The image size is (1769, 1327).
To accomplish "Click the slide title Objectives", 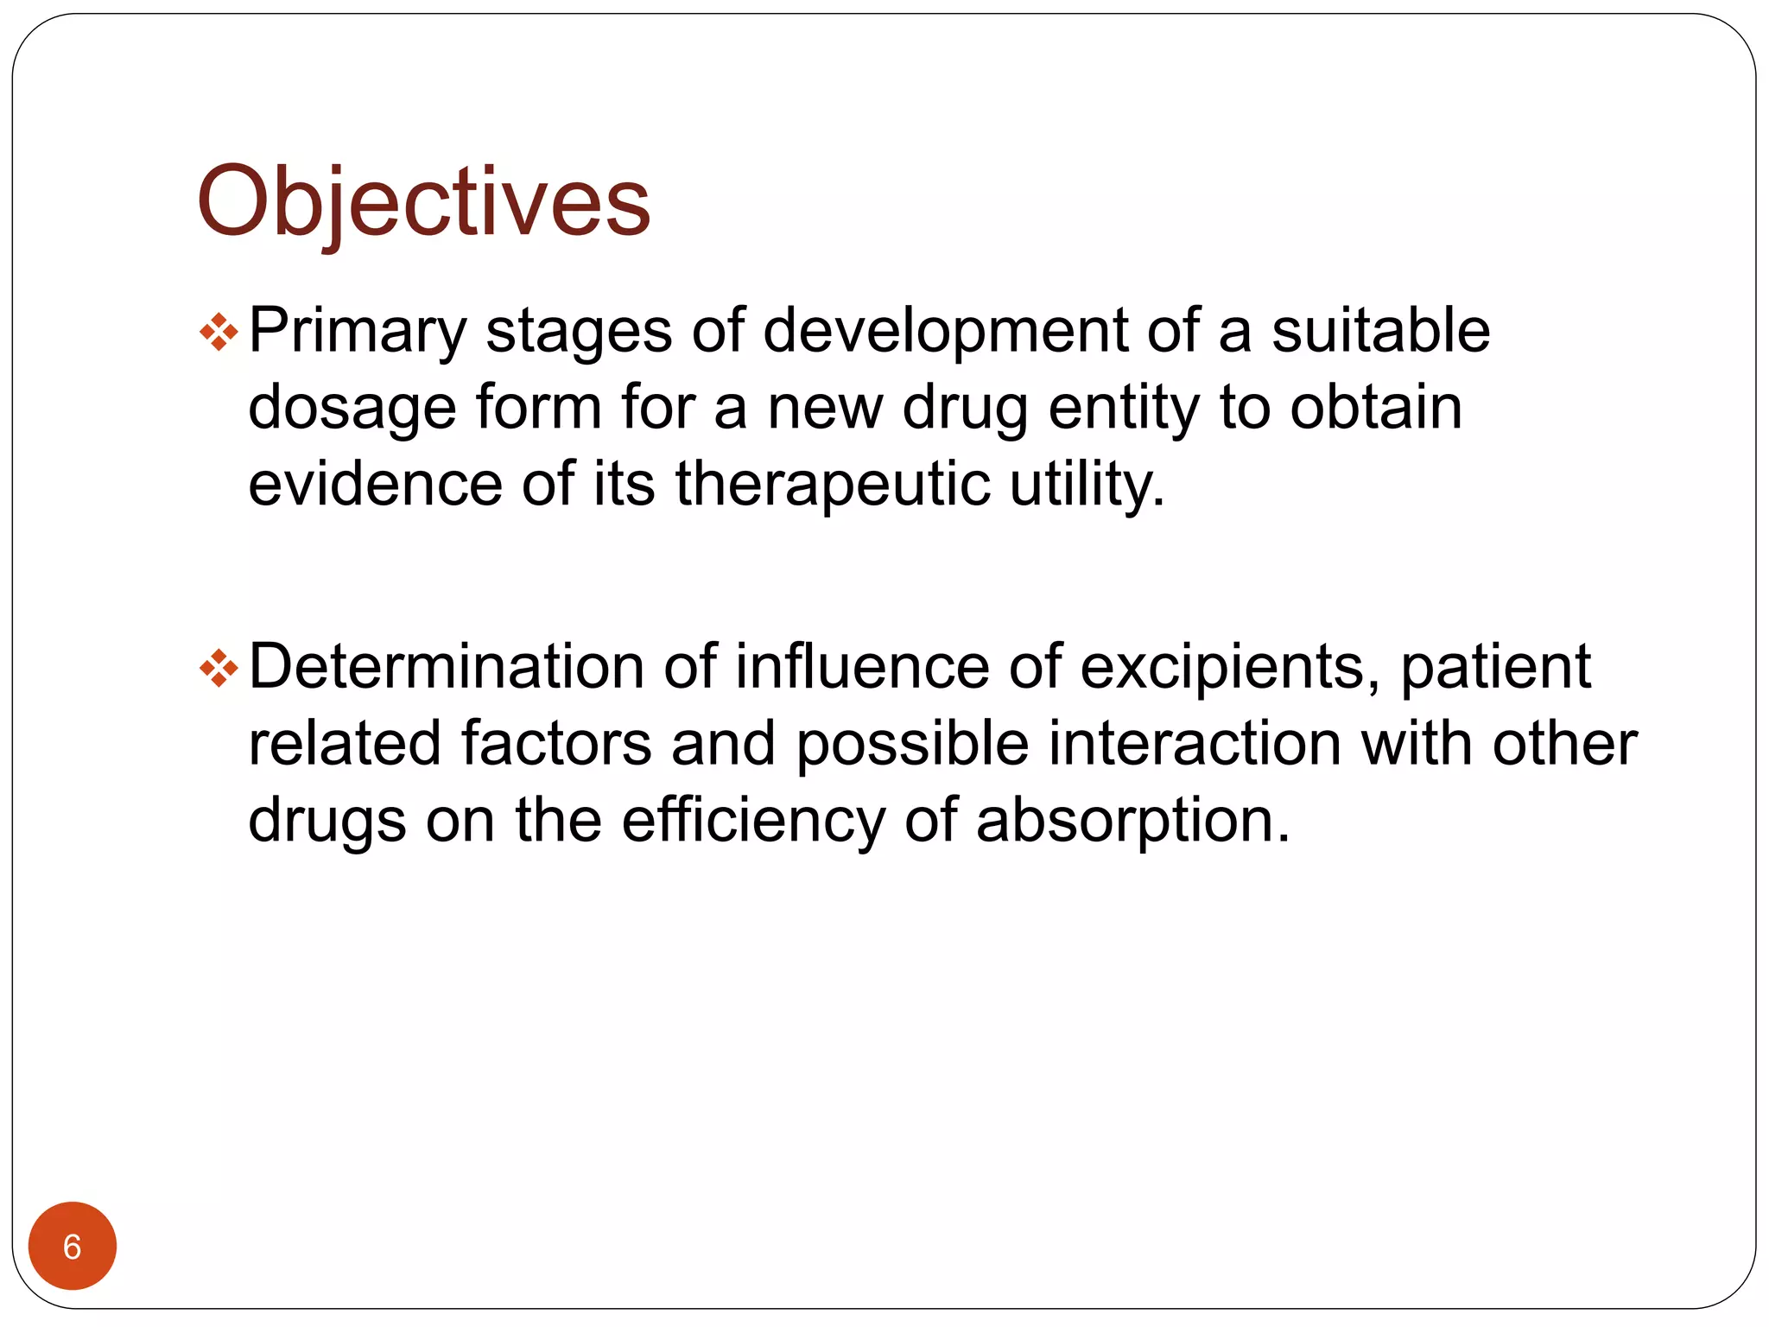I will point(423,203).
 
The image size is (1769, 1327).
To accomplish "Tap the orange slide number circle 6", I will point(73,1246).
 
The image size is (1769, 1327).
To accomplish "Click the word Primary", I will point(357,333).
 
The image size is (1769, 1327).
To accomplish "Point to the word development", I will point(945,333).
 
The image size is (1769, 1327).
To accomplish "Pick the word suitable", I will point(1380,331).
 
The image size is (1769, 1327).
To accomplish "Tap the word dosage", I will point(352,409).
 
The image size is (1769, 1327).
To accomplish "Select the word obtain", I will point(1375,407).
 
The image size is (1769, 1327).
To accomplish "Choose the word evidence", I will point(375,483).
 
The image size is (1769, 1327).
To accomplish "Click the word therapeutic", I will point(832,485).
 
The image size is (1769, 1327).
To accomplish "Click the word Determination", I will point(446,667).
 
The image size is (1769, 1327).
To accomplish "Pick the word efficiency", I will point(753,821).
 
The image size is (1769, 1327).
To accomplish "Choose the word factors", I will point(555,743).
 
